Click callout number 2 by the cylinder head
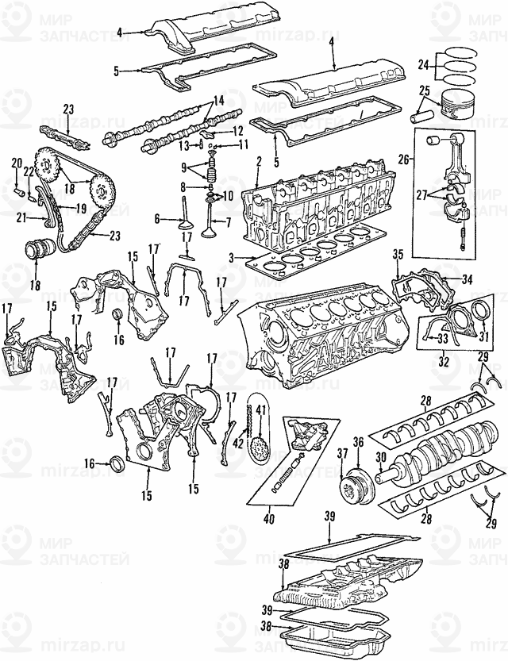click(x=259, y=162)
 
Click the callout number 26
click(x=403, y=159)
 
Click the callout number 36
click(x=358, y=443)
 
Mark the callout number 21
click(x=21, y=216)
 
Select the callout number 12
click(x=237, y=130)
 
